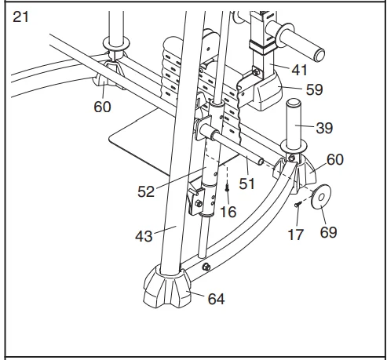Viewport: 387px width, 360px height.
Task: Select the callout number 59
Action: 313,90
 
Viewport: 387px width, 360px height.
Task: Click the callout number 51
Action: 249,184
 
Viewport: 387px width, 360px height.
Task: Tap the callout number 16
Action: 228,213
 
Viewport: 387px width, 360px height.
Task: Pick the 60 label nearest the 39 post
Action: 335,159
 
